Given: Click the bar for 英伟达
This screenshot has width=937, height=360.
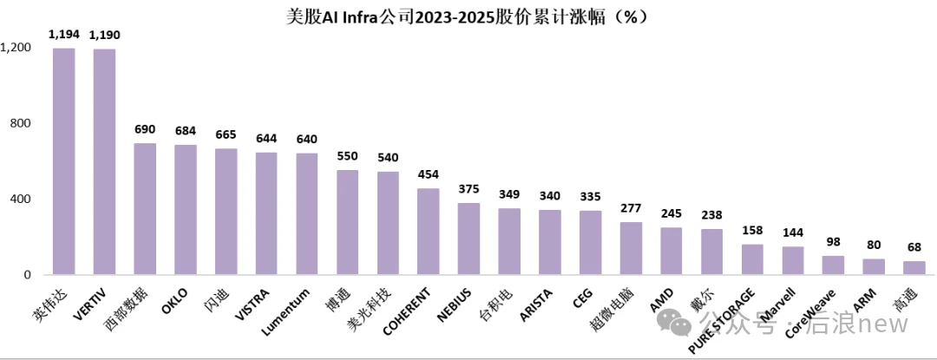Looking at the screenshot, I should click(64, 161).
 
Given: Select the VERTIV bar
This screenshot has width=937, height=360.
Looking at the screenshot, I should click(104, 162).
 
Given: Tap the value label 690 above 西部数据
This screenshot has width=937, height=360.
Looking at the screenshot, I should click(145, 129).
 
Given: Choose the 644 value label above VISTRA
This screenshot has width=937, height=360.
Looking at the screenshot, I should click(266, 138).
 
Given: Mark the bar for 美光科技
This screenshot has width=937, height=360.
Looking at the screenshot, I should click(388, 223).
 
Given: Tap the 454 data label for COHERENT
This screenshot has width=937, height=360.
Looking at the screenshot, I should click(429, 173).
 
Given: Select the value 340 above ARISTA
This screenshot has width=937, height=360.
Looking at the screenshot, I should click(550, 195).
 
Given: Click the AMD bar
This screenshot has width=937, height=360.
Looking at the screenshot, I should click(672, 252).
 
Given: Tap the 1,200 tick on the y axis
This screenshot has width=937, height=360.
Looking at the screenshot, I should click(16, 48).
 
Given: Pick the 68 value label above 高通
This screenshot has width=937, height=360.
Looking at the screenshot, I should click(914, 247).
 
